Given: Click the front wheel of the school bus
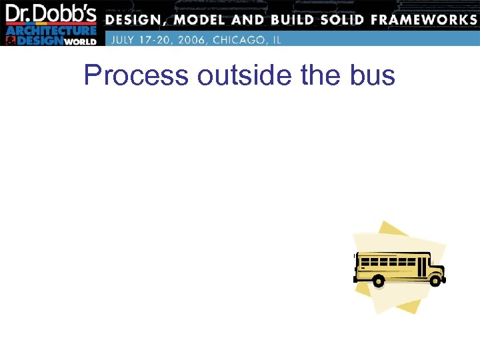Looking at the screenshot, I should pyautogui.click(x=435, y=281).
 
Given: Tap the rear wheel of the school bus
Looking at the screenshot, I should pyautogui.click(x=378, y=281).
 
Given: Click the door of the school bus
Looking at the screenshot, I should pyautogui.click(x=421, y=267).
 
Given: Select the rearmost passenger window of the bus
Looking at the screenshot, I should pyautogui.click(x=363, y=259).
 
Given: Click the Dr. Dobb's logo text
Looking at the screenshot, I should pyautogui.click(x=51, y=13).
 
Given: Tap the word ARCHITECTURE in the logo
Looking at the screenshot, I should pyautogui.click(x=51, y=31).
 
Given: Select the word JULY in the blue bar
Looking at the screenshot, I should pyautogui.click(x=123, y=39).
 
